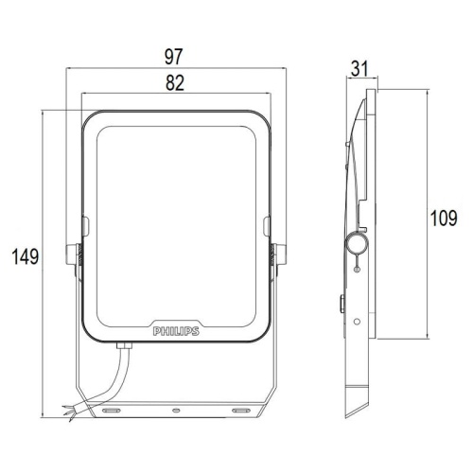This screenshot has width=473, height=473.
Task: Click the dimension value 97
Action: (x=173, y=57)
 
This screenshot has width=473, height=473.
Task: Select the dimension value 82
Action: (x=175, y=83)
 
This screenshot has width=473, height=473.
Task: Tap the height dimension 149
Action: (x=26, y=256)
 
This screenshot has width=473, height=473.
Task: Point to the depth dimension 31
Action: (x=359, y=69)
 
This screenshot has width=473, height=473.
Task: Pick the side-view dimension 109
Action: (x=444, y=219)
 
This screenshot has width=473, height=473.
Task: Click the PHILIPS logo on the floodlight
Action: (x=176, y=331)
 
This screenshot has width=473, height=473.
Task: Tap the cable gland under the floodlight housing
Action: (x=124, y=345)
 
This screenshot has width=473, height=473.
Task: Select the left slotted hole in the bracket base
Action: (x=111, y=411)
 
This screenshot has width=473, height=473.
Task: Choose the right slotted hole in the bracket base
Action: (x=241, y=411)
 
